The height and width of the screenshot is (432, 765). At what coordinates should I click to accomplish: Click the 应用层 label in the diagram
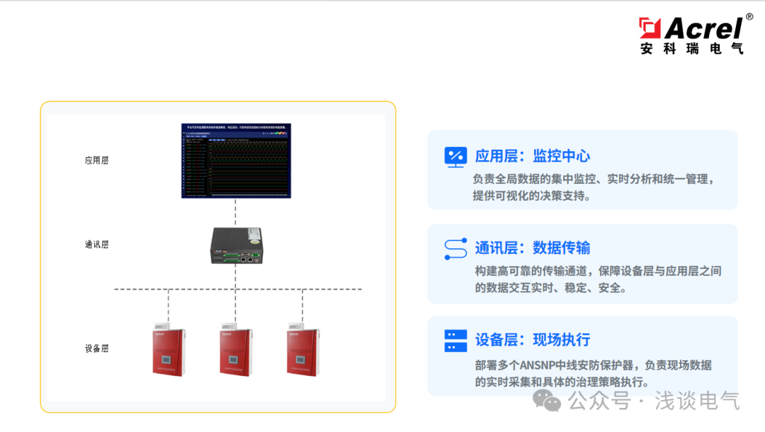[96, 160]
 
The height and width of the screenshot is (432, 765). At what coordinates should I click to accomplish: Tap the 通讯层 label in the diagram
[96, 245]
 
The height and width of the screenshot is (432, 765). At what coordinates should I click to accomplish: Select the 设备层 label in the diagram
[96, 348]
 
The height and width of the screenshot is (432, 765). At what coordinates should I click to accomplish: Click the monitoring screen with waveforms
[236, 160]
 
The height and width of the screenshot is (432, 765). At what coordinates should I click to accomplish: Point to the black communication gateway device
[236, 245]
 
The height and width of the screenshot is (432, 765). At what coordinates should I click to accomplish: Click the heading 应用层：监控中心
[532, 156]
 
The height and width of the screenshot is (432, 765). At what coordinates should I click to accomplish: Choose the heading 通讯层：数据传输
[532, 248]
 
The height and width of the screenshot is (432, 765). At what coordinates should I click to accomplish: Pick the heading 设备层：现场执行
[532, 339]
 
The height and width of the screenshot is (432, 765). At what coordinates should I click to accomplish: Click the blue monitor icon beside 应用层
[455, 157]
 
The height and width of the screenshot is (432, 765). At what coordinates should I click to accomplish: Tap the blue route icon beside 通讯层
[455, 248]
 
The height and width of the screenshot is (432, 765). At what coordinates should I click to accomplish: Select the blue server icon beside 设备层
[455, 340]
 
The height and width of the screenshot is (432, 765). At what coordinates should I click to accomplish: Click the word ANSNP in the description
[539, 365]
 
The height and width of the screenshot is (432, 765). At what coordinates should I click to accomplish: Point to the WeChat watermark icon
[547, 401]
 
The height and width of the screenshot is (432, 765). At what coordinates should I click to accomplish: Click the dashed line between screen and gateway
[236, 213]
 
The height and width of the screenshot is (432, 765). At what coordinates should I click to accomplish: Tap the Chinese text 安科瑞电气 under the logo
[691, 48]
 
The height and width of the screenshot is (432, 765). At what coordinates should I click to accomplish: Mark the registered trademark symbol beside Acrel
[749, 16]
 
